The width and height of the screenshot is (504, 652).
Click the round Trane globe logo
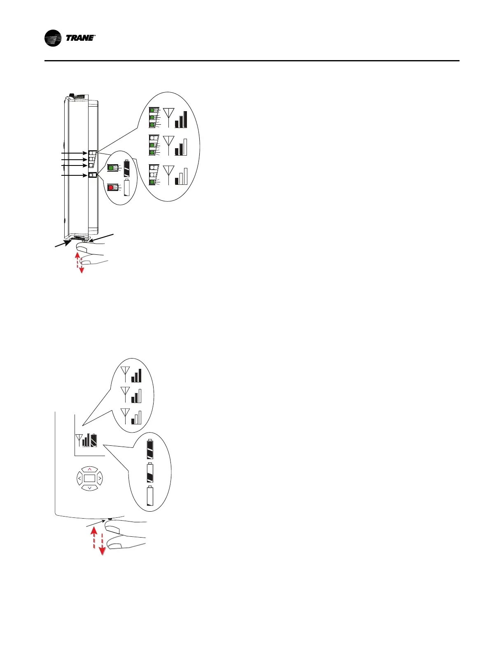(x=53, y=38)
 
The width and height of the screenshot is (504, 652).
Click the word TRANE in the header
(x=80, y=38)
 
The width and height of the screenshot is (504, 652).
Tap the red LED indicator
(x=110, y=188)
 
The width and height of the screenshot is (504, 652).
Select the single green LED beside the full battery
(x=110, y=168)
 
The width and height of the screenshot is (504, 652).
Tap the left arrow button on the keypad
(x=79, y=478)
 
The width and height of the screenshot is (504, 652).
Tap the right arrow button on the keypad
(x=99, y=478)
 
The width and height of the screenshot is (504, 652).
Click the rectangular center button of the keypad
(x=89, y=478)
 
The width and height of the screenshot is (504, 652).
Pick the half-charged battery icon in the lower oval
(x=150, y=473)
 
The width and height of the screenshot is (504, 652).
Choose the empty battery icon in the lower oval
(x=150, y=496)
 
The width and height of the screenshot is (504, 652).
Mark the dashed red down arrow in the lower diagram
(x=102, y=543)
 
